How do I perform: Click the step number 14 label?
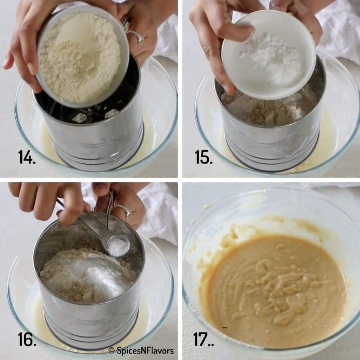[27, 157]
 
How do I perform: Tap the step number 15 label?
[203, 157]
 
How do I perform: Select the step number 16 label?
[27, 339]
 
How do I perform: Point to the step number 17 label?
[204, 339]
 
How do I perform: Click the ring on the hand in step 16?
[124, 211]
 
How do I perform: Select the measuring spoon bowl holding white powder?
[118, 246]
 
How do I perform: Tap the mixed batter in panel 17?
[274, 288]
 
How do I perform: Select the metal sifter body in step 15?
[270, 139]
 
